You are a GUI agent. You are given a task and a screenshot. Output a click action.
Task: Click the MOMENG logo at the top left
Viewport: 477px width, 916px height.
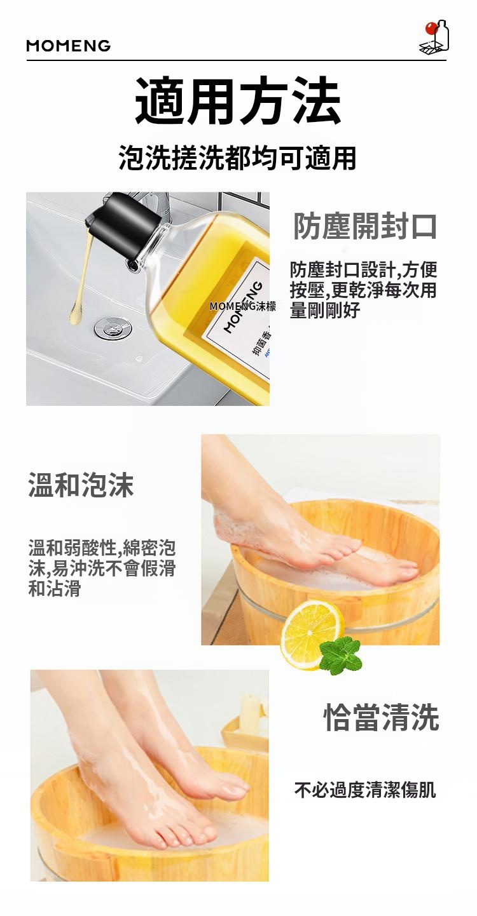[69, 45]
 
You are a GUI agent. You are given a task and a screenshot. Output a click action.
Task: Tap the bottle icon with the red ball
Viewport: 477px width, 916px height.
[434, 36]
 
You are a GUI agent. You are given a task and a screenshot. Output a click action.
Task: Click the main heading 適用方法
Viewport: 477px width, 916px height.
[238, 100]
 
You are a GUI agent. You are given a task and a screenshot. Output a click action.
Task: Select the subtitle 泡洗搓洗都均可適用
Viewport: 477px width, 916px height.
[238, 158]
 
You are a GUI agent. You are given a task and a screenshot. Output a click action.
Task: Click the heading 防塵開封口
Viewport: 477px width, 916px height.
[365, 226]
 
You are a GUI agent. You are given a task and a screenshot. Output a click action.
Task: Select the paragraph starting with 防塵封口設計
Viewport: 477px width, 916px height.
[363, 290]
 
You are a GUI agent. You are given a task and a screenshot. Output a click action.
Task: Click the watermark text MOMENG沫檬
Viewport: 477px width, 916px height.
[242, 306]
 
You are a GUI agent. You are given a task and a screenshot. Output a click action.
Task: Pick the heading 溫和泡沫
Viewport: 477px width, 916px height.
[81, 485]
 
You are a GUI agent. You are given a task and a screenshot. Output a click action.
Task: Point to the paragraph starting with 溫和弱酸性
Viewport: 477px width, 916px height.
[102, 568]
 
